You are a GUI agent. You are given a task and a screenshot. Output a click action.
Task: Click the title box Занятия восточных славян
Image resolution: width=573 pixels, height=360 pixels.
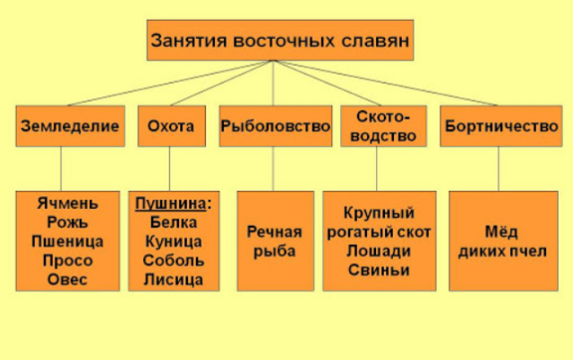pos(281,40)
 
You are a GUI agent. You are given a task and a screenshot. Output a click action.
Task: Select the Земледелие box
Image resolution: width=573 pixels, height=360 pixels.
pos(69,127)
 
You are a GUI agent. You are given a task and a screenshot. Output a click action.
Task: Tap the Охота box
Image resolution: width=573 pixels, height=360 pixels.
pos(170,127)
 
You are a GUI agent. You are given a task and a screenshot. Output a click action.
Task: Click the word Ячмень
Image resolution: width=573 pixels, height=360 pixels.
pos(67,203)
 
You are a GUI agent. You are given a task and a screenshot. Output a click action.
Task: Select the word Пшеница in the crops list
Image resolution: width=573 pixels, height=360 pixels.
pos(67,241)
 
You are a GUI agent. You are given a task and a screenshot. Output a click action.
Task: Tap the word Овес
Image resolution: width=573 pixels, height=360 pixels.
pos(67,279)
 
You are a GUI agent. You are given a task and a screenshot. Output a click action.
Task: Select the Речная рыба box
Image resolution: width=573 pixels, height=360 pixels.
pos(274,240)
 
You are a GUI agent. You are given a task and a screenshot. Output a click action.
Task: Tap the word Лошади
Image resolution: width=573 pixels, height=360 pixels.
pos(379,251)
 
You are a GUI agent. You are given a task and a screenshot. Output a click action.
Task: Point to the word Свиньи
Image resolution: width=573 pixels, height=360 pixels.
pos(379,270)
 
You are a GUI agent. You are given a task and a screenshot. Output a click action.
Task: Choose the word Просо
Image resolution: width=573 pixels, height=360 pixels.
pos(67,260)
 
